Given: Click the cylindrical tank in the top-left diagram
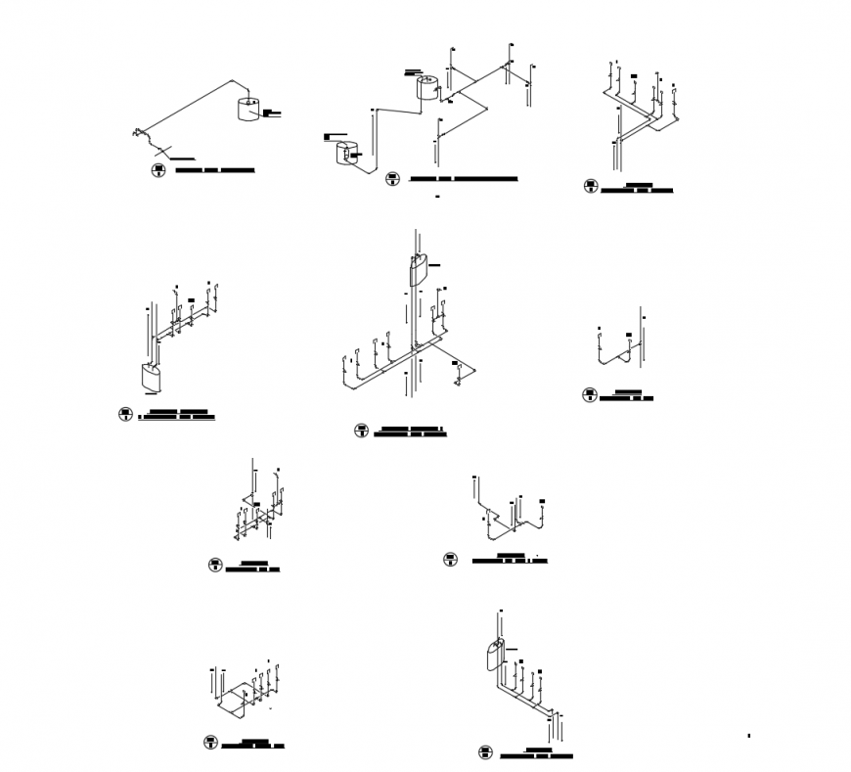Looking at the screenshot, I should [248, 108].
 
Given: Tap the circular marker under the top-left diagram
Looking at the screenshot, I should [157, 171].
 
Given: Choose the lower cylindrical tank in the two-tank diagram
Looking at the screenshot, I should [345, 154].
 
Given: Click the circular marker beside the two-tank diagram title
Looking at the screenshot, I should [391, 179].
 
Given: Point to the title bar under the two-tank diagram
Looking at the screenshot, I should [463, 180].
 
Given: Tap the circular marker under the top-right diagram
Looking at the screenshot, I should [591, 186].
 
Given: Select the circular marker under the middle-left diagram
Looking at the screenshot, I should [125, 414].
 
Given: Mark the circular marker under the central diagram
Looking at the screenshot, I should [361, 431].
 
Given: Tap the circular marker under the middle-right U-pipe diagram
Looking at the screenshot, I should [590, 394].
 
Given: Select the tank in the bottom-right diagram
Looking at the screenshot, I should [495, 654].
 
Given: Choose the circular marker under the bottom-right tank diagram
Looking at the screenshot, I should [485, 752].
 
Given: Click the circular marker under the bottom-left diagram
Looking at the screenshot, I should [209, 743].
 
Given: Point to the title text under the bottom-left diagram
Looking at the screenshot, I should [252, 744].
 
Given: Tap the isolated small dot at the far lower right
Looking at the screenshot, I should [748, 735].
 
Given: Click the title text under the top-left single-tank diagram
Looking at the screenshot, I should [214, 170].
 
